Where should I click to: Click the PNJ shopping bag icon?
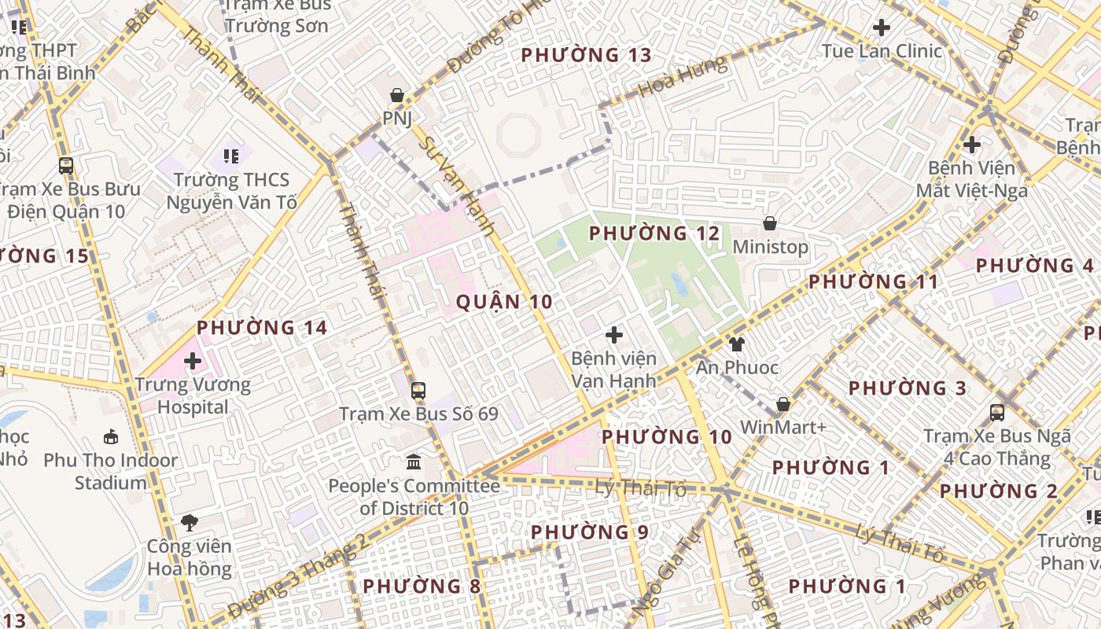(398, 95)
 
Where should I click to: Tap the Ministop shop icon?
(770, 224)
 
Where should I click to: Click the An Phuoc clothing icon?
(736, 344)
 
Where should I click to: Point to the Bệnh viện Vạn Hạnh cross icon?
(614, 336)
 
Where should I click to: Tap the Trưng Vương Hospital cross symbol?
(193, 362)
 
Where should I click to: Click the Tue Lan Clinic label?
(882, 51)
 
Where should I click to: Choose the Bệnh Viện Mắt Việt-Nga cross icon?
(972, 145)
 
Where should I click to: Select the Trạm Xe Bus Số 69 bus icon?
(418, 390)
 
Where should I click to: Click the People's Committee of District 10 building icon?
(414, 462)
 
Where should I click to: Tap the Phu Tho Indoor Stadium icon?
(111, 436)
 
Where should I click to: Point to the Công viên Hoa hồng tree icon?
(189, 522)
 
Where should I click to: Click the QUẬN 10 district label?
(504, 302)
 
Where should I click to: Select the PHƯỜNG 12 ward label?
(654, 234)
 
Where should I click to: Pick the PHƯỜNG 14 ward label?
(262, 328)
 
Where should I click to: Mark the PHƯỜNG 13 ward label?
(587, 55)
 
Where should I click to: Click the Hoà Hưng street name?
(683, 77)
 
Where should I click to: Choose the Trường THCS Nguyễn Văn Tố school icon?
(230, 156)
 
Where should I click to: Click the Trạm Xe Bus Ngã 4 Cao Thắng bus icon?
(997, 412)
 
